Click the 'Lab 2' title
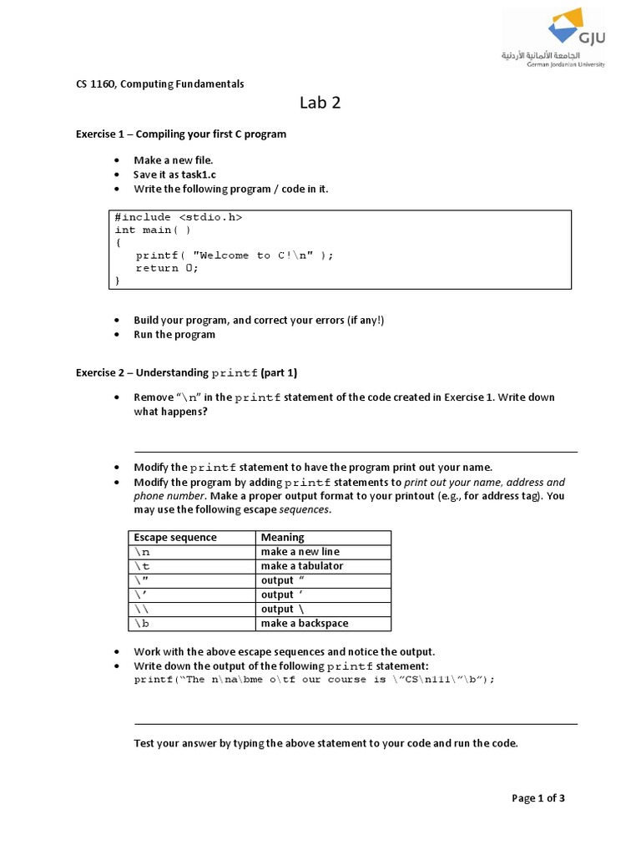320,104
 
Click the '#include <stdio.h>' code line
178,217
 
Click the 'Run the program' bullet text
174,334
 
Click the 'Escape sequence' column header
174,537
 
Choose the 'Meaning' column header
282,537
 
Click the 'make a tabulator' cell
301,566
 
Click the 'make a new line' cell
300,552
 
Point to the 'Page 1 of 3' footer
538,797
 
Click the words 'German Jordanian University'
566,63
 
